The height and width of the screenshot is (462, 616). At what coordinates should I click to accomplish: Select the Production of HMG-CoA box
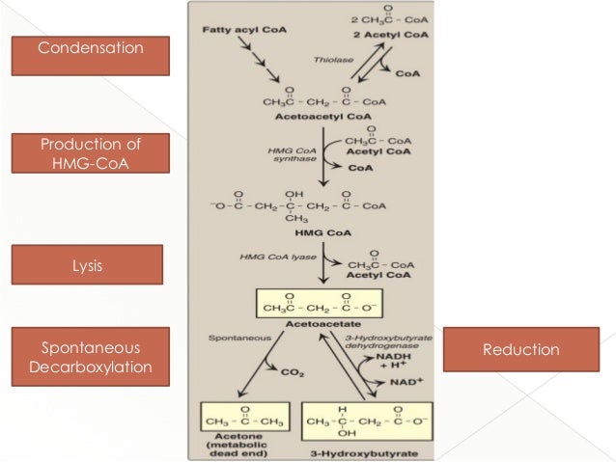pos(91,154)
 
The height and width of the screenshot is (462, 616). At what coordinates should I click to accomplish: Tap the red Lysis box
pos(87,264)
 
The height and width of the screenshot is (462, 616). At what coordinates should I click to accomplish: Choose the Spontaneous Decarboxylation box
pos(91,355)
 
